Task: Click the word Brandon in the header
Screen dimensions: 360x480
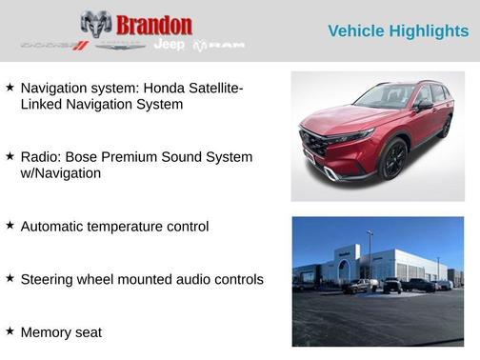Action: (153, 24)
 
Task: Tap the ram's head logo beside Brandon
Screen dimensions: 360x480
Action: (96, 24)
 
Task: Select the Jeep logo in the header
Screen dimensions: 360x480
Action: (170, 45)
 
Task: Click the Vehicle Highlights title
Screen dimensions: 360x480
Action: (398, 30)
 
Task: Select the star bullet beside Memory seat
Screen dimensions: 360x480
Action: (10, 330)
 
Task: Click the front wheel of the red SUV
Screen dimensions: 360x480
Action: (393, 159)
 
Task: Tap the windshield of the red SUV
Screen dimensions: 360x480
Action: (386, 98)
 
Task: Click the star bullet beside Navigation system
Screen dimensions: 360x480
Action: (10, 87)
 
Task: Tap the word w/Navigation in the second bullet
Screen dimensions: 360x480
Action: (61, 173)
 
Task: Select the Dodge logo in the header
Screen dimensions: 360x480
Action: (55, 45)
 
